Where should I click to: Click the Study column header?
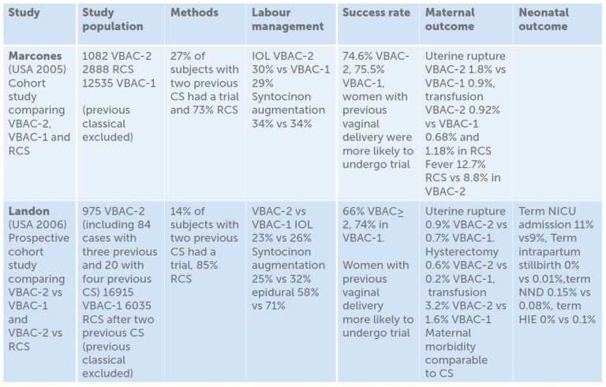(x=24, y=13)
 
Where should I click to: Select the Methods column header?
(x=195, y=13)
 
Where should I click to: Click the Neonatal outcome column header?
(x=543, y=19)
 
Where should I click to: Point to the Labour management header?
(x=287, y=19)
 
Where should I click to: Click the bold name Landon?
(x=29, y=210)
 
